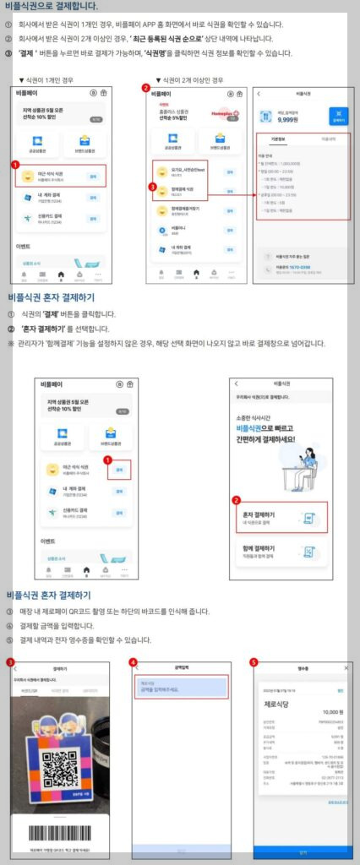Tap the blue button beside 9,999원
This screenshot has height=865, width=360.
point(336,117)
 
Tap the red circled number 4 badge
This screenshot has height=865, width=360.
point(133,662)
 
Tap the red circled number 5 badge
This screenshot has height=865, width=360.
point(254,662)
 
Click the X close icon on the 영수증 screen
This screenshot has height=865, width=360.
point(346,669)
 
